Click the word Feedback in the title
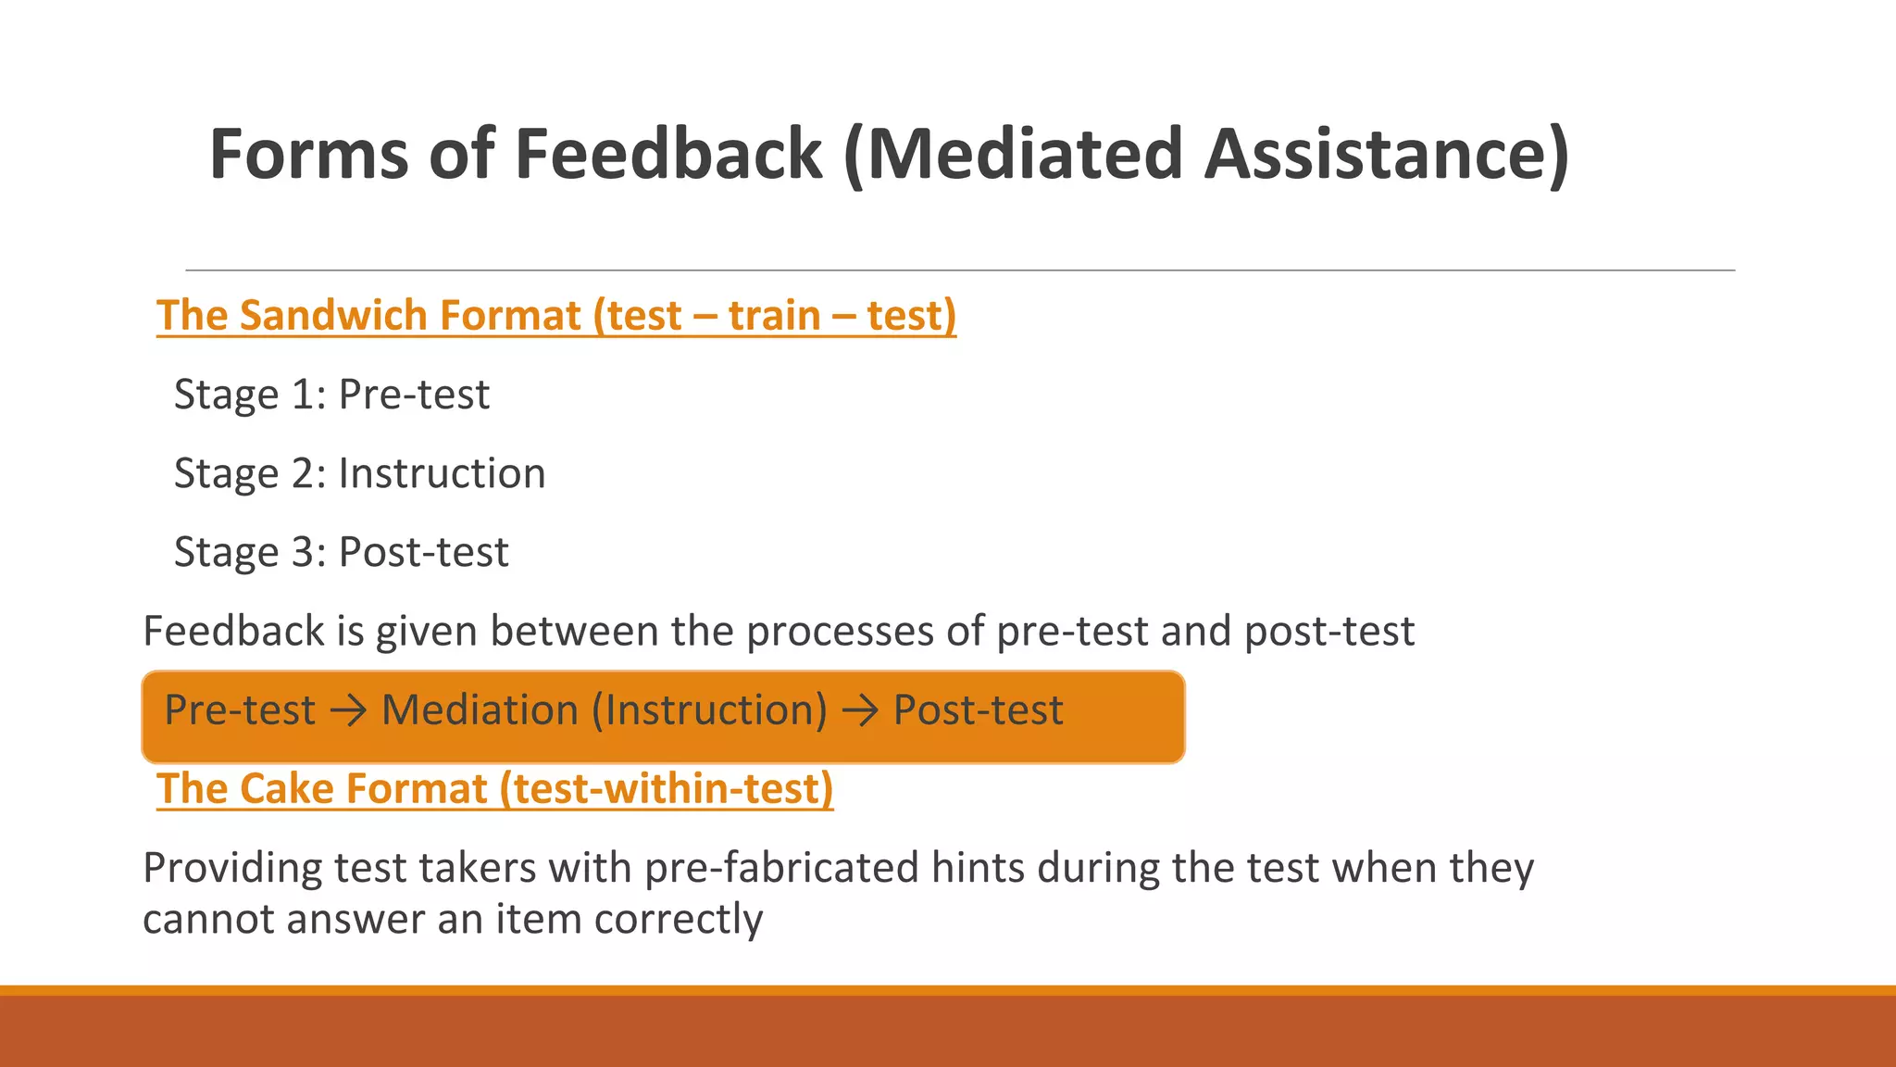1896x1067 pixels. click(x=667, y=154)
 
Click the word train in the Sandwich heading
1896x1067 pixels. click(x=774, y=316)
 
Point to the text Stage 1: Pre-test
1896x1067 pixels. click(x=331, y=395)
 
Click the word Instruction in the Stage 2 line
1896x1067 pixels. click(x=442, y=473)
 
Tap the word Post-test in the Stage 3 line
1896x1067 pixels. click(x=423, y=553)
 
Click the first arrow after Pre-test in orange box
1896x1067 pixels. click(x=348, y=711)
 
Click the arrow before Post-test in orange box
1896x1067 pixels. click(x=860, y=711)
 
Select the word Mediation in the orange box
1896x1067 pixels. click(x=480, y=710)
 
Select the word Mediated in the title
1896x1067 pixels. click(x=1025, y=154)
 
